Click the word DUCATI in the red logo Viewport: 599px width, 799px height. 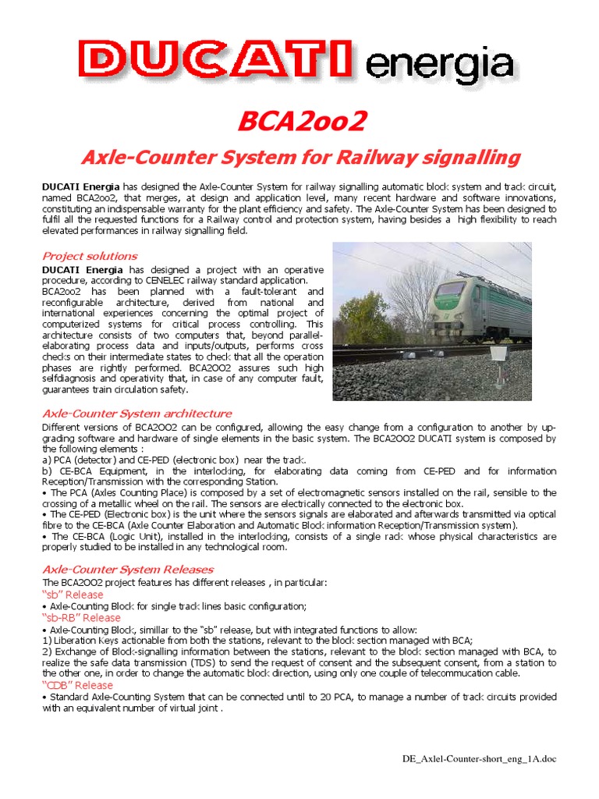pos(218,61)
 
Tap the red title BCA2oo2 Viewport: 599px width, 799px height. pos(299,121)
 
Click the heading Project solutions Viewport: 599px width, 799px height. pos(90,256)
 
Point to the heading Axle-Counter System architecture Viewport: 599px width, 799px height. pos(136,413)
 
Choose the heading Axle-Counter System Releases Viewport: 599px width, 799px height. pos(128,569)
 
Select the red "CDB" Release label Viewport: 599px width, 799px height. pos(77,685)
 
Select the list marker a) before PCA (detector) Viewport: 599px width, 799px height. pos(45,460)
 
